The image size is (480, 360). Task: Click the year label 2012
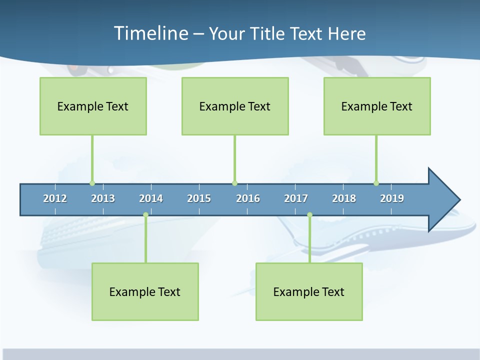(55, 198)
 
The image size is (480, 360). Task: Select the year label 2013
(103, 198)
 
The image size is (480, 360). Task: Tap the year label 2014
(151, 198)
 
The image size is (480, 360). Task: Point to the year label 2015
(199, 198)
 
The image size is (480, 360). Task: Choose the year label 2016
(248, 198)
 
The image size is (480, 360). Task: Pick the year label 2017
(296, 198)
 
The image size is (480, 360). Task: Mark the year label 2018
(344, 198)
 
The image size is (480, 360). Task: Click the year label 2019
(392, 198)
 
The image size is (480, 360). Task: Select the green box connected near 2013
(93, 106)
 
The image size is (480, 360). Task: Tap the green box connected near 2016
(235, 106)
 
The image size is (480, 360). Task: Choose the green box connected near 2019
(377, 106)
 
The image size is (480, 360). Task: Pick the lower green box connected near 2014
(145, 291)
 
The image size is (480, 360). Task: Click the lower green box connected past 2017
(309, 291)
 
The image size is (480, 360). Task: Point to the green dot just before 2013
(92, 183)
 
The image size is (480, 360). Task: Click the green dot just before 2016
(234, 183)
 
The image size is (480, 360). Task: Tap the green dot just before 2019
(376, 183)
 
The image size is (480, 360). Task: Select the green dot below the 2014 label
(145, 215)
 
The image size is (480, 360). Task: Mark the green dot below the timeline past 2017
(309, 215)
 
